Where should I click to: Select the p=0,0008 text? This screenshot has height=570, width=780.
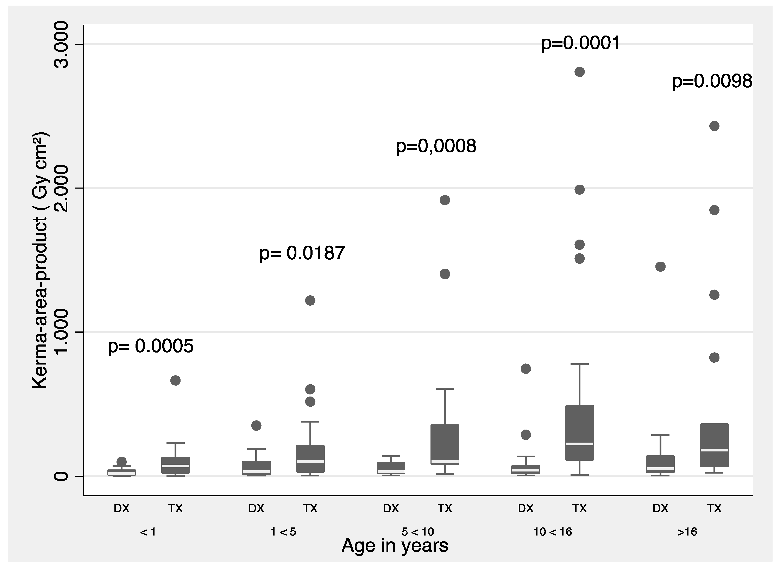(436, 146)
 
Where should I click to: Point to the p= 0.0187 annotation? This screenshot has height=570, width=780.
(302, 253)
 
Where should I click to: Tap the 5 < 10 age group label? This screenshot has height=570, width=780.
(418, 532)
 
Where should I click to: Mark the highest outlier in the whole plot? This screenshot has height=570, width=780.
(579, 72)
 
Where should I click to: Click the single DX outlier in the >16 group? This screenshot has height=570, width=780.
(660, 267)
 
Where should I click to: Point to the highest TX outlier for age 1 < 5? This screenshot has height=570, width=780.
(310, 300)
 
